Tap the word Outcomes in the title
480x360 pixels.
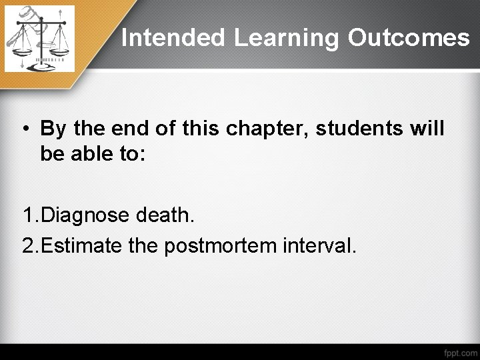point(408,38)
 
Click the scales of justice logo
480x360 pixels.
point(39,39)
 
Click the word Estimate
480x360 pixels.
point(82,245)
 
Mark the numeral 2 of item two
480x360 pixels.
point(28,245)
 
